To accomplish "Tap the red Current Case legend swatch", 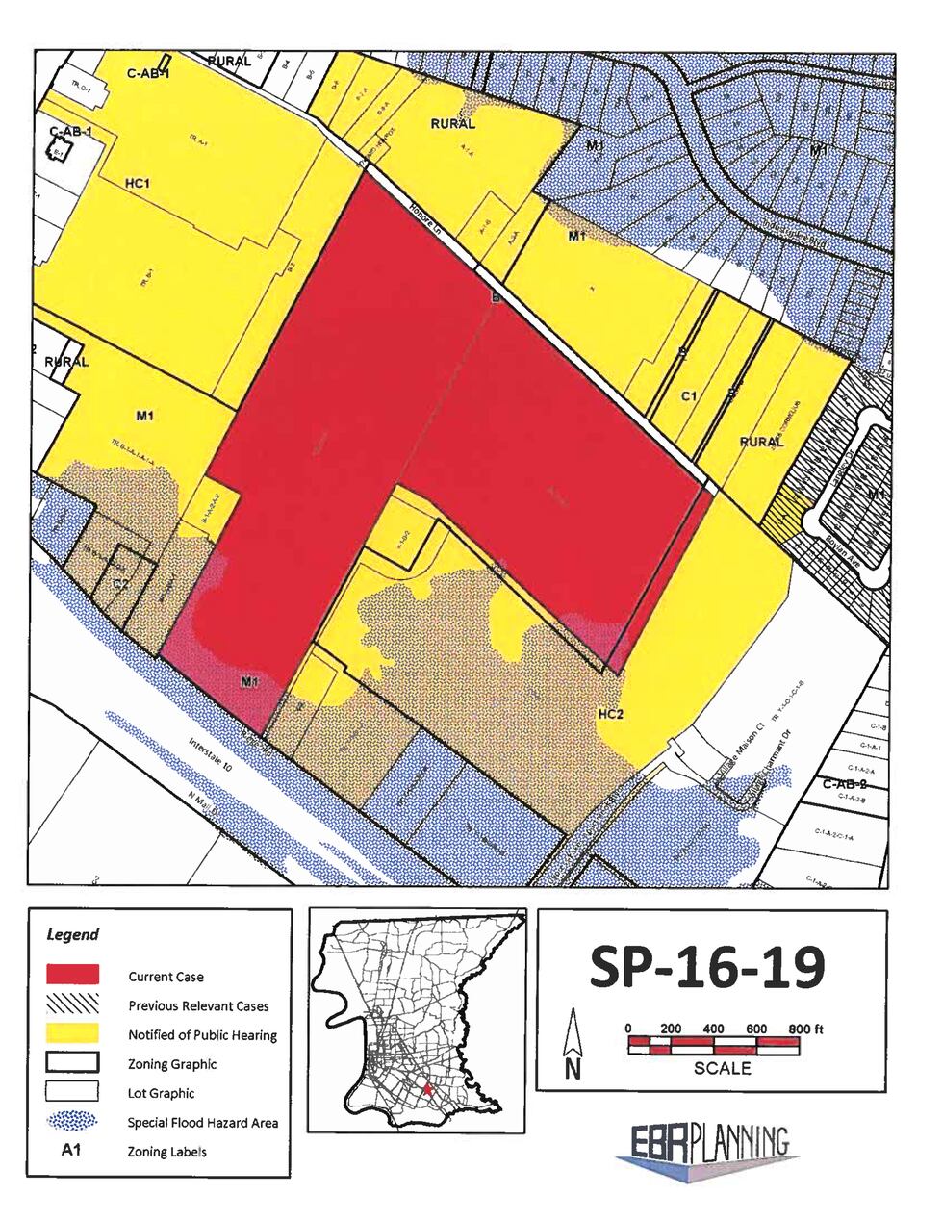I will [72, 975].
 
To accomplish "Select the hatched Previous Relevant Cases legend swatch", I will [72, 1004].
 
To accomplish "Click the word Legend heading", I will [72, 934].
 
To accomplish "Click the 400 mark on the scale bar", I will [713, 1029].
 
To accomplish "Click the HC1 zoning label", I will [139, 182].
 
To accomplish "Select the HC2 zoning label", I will [612, 714].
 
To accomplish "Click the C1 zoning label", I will [688, 396].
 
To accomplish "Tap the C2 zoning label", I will [121, 583].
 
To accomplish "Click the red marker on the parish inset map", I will [427, 1089].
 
